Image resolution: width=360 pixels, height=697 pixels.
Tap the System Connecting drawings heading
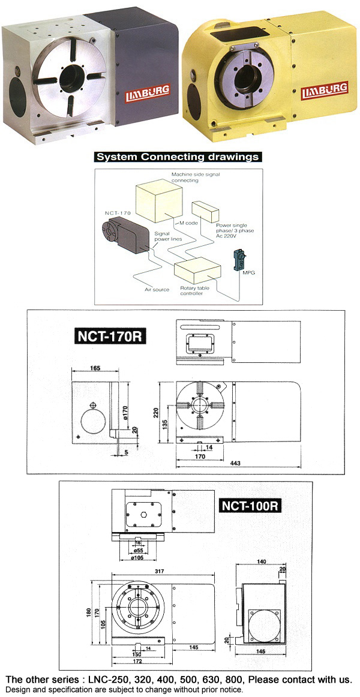click(x=178, y=157)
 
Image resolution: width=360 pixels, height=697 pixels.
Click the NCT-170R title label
click(x=112, y=335)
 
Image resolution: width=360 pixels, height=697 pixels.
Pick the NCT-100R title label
click(x=250, y=505)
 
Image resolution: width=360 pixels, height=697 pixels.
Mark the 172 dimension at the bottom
click(x=137, y=662)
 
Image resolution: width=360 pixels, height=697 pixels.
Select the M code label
click(x=189, y=223)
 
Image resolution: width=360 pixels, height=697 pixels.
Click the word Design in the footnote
click(x=19, y=690)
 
